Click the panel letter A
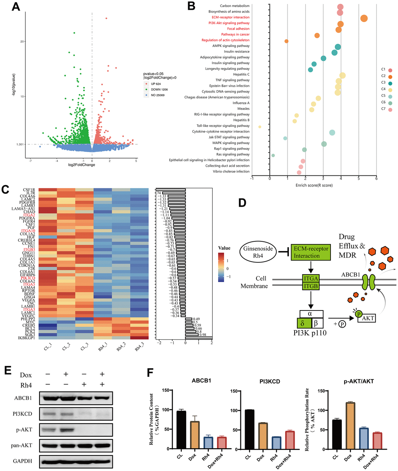click(16, 7)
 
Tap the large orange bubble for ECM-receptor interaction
click(364, 18)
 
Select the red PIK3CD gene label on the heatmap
click(28, 278)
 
